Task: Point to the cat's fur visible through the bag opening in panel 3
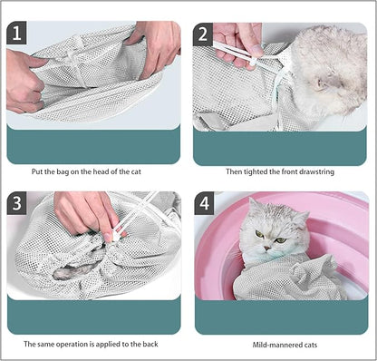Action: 77,270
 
